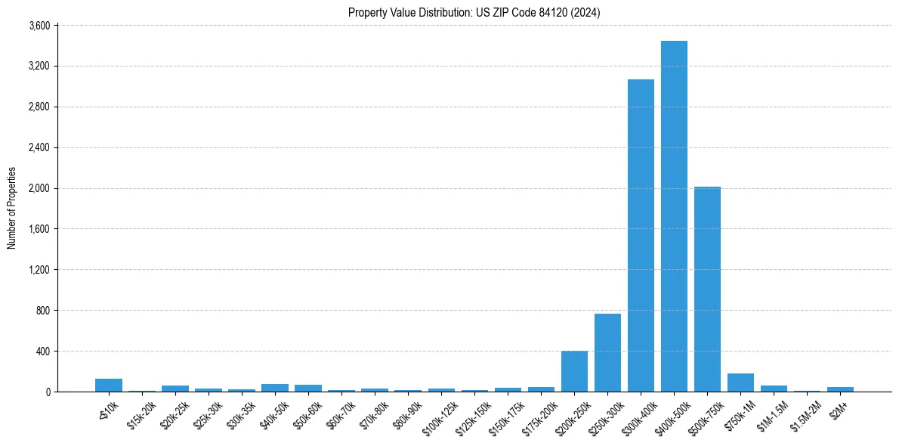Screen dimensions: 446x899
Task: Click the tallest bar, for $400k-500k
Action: point(674,216)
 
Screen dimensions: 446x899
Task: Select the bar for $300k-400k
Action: point(641,235)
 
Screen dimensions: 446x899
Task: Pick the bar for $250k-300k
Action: point(607,352)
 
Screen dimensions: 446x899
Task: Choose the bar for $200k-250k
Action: point(574,371)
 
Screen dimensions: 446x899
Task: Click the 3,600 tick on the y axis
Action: point(39,26)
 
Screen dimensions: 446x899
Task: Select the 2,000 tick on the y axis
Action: point(39,188)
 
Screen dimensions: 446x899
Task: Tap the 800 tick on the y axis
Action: point(42,311)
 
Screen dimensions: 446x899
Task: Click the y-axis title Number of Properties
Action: point(11,208)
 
